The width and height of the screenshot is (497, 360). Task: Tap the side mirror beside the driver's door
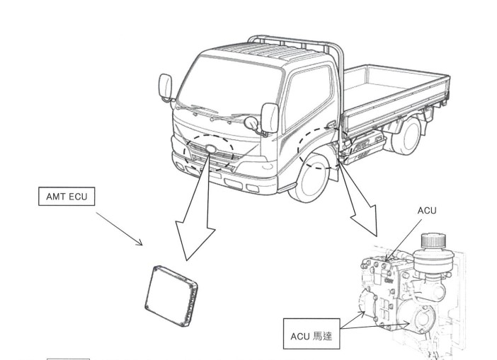click(270, 115)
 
